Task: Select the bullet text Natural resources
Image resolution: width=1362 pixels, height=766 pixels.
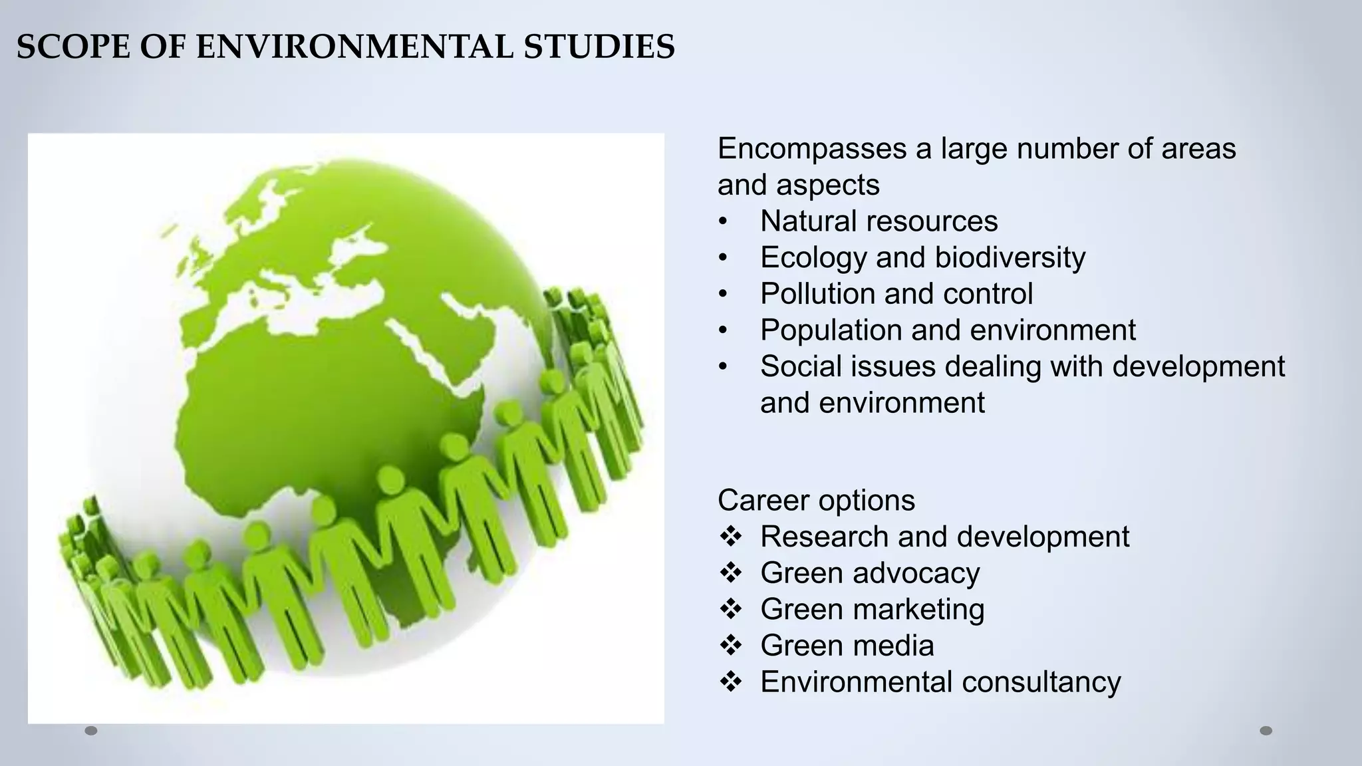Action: (x=879, y=221)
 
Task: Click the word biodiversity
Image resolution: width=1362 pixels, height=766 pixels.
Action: (x=1010, y=257)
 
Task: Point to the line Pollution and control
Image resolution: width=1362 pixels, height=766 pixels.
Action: (x=896, y=294)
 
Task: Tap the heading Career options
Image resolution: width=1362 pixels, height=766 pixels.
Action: (x=816, y=500)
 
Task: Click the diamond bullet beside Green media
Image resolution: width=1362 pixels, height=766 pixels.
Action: (x=730, y=645)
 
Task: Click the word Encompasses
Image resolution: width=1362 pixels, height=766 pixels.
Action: (x=811, y=148)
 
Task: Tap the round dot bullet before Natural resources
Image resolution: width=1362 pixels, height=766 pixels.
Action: (x=723, y=221)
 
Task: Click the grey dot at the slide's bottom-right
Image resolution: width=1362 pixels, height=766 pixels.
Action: (x=1266, y=731)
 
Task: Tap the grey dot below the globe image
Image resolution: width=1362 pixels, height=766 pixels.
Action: (x=91, y=731)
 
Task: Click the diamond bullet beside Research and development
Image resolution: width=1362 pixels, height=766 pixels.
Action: (x=730, y=536)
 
